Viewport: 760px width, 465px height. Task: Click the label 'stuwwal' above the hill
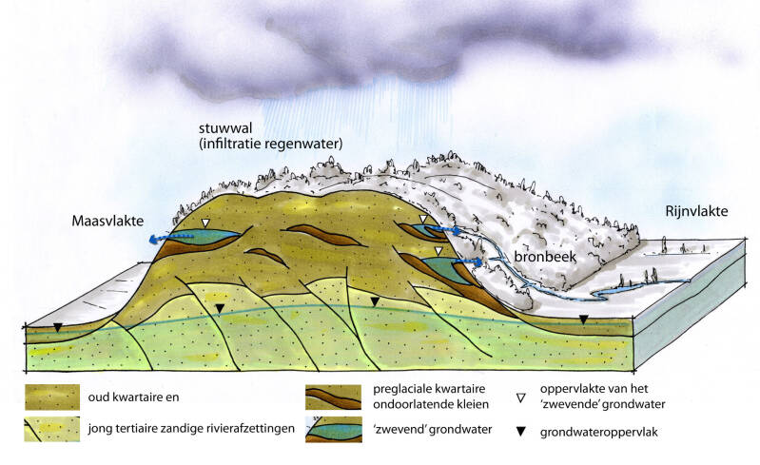pos(224,128)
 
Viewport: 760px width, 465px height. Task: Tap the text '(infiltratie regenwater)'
pos(271,144)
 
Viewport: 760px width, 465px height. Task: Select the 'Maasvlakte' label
pos(107,221)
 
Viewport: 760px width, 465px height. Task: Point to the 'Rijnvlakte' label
pos(696,211)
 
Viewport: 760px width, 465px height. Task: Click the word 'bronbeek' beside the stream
pos(545,256)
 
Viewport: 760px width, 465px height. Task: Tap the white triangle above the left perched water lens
pos(206,223)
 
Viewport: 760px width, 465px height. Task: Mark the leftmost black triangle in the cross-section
pos(58,327)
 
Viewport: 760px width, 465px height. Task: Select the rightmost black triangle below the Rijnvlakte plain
pos(584,320)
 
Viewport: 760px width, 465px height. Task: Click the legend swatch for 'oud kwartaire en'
pos(52,397)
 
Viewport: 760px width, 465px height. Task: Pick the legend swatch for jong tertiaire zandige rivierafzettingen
pos(52,429)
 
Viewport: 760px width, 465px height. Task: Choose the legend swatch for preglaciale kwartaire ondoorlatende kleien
pos(334,397)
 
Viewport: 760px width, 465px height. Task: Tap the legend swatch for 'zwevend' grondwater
pos(334,429)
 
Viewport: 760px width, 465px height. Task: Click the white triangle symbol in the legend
pos(521,398)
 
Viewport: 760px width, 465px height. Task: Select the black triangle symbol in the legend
pos(521,431)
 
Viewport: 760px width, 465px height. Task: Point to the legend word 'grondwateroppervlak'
pos(599,432)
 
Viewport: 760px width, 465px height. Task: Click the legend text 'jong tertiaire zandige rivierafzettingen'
pos(191,429)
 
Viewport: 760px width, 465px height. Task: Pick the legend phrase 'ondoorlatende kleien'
pos(431,404)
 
